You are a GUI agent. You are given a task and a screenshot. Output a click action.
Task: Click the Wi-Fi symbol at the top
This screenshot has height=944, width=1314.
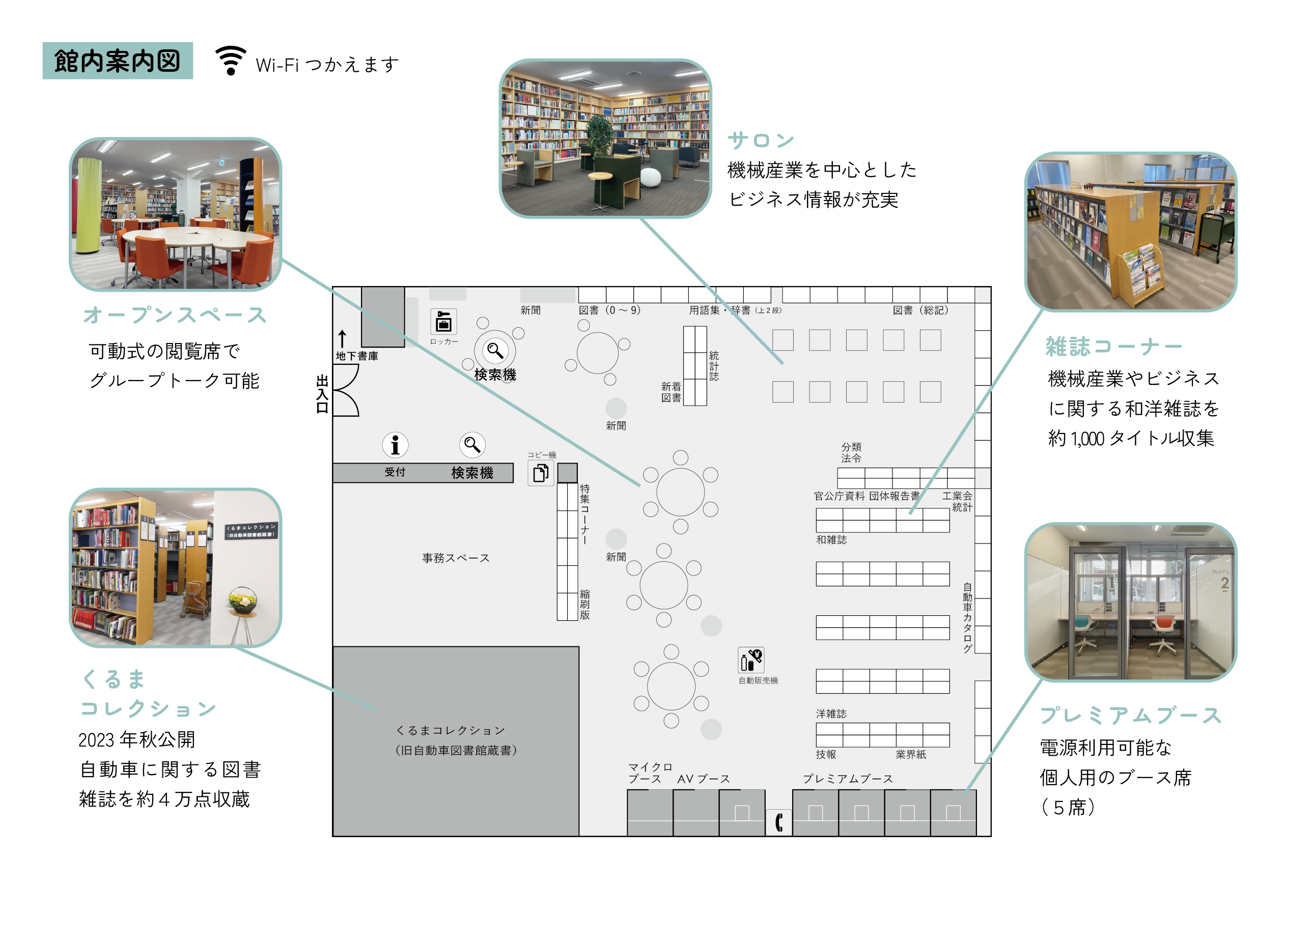coord(231,60)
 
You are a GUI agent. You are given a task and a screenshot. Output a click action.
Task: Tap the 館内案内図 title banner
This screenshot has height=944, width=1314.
coord(118,61)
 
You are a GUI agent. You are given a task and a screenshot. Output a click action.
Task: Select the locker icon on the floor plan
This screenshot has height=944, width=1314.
coord(444,322)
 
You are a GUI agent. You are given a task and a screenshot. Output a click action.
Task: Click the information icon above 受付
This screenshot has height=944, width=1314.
coord(395,445)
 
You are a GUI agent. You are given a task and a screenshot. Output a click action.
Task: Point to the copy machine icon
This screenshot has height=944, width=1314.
coord(541,473)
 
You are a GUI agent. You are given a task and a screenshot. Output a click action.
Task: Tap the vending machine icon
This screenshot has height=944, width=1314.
coord(751,660)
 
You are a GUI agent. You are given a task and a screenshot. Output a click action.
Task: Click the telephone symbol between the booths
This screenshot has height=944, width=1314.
coord(779,822)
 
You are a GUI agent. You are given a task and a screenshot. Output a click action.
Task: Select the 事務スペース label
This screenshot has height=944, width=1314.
coord(456,558)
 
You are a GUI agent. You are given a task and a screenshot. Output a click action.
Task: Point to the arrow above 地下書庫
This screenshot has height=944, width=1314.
coord(343,339)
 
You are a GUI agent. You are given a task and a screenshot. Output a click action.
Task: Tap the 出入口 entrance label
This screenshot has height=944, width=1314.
coord(322,394)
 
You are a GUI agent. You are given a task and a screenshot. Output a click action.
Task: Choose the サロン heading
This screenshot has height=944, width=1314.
coord(761,140)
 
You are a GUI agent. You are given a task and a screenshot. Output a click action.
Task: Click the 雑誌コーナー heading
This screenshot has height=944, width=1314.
coord(1113,347)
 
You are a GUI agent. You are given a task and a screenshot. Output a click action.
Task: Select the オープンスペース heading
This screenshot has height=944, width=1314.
coord(175,315)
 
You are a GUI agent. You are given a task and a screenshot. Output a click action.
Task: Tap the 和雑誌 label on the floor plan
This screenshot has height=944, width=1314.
coord(831,540)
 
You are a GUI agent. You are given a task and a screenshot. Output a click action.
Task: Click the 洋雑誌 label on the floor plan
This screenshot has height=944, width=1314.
coord(831,713)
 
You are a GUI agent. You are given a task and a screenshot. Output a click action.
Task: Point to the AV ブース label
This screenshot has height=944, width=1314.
coord(704,779)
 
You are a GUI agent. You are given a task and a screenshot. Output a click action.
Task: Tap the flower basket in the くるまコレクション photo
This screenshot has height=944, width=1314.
coord(243,600)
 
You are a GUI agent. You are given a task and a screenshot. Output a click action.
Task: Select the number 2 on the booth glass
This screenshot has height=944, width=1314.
coord(1224,583)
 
